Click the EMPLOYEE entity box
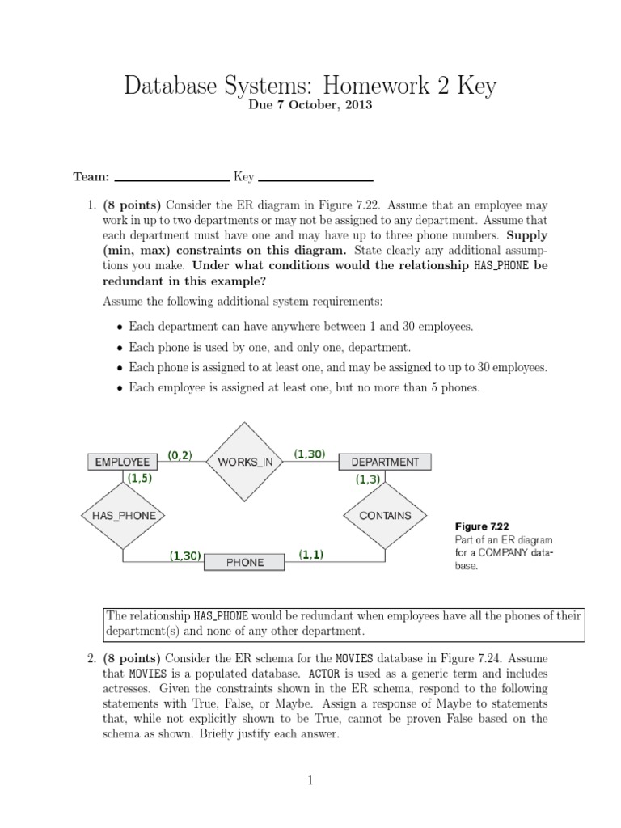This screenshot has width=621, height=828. tap(122, 462)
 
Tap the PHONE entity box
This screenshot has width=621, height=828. tap(244, 561)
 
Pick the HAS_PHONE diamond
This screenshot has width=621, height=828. tap(123, 515)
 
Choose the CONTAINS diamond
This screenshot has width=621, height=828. tap(385, 515)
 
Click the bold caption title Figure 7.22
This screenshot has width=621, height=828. tap(481, 526)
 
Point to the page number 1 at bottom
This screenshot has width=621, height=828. tap(310, 780)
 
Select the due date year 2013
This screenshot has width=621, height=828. tap(358, 106)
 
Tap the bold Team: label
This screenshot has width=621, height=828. tap(90, 176)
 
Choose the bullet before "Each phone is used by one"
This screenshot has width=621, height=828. tap(120, 348)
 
